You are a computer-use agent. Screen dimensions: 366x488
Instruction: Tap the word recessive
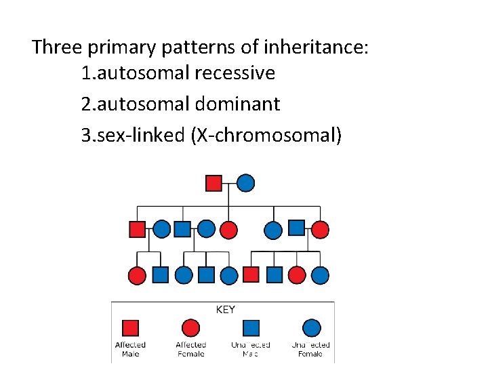235,73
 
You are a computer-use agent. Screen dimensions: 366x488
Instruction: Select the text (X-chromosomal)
267,135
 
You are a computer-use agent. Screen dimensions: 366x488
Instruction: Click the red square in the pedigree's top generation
213,183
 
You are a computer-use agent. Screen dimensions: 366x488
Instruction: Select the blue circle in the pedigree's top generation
246,183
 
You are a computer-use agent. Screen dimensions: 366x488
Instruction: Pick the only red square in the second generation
138,229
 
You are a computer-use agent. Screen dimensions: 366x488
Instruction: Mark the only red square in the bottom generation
251,274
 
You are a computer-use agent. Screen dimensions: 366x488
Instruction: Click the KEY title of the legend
225,310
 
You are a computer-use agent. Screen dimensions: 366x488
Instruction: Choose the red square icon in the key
131,329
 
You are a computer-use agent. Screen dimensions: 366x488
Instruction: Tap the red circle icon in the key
190,329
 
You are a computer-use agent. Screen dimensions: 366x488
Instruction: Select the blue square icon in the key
251,329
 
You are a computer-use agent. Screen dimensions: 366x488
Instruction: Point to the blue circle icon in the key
311,329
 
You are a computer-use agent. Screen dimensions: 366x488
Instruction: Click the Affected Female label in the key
190,349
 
